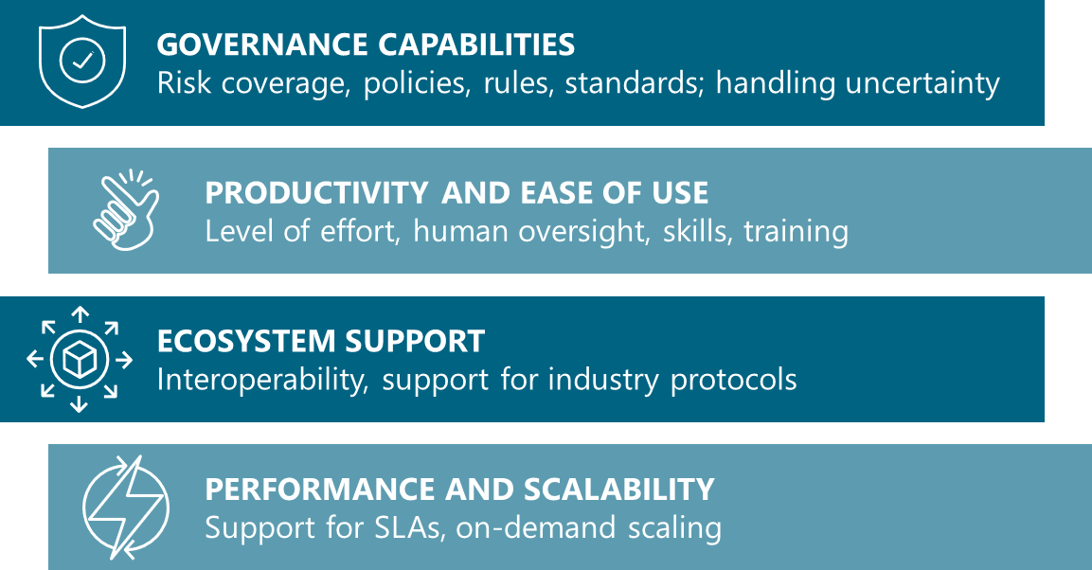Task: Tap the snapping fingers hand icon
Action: (x=126, y=209)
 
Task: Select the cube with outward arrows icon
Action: (x=80, y=359)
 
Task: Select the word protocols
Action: (x=733, y=380)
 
